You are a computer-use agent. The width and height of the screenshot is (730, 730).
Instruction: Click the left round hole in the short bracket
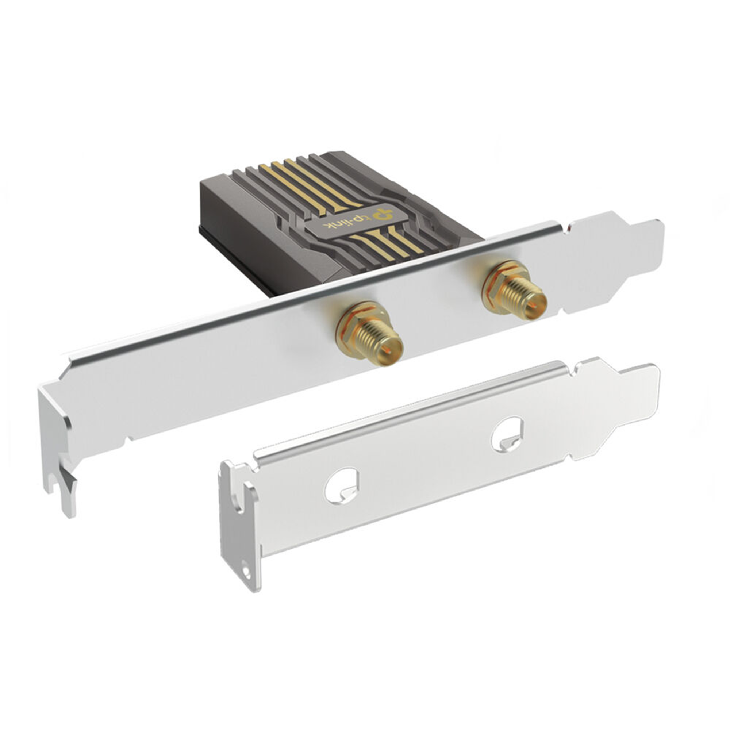341,486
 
